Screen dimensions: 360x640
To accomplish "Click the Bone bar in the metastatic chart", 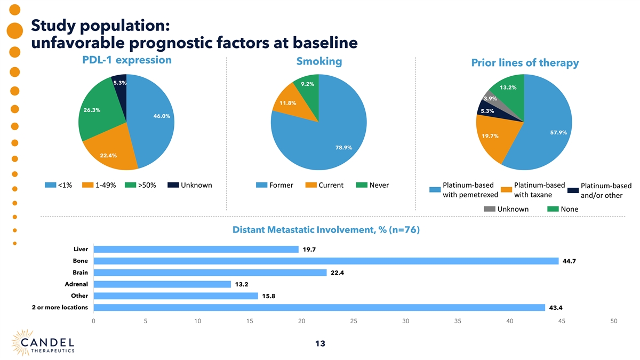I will click(325, 261).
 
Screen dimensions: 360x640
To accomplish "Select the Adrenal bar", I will click(162, 284).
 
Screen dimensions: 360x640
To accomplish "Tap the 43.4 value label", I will click(555, 308).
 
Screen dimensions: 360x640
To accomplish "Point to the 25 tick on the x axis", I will click(354, 321).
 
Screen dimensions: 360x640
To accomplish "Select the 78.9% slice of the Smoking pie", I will click(331, 139).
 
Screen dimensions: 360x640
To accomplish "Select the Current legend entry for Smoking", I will click(324, 186).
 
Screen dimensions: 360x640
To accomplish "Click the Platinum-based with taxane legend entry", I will click(533, 190).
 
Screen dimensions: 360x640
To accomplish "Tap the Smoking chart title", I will click(319, 61).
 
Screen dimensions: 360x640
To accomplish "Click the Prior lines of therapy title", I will click(525, 63).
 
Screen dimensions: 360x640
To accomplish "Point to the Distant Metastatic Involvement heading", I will click(326, 230).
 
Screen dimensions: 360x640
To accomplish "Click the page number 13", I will click(320, 344).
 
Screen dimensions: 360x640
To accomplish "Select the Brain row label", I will click(81, 273).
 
